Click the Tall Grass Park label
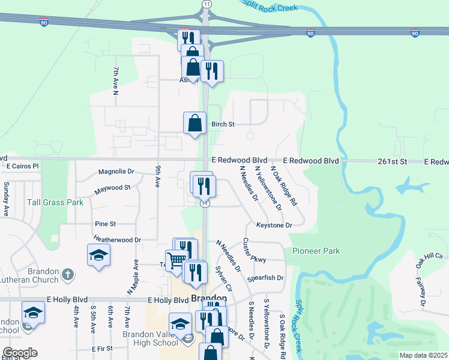(55, 202)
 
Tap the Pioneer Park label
(316, 251)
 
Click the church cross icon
(68, 275)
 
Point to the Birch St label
(222, 124)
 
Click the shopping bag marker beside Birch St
(194, 124)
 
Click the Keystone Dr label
(274, 226)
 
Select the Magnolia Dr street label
(116, 171)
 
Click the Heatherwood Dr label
(117, 239)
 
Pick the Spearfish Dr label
(265, 278)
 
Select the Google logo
(19, 353)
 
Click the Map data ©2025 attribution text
(423, 355)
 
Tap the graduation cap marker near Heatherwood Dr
(98, 256)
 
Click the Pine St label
(105, 224)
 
